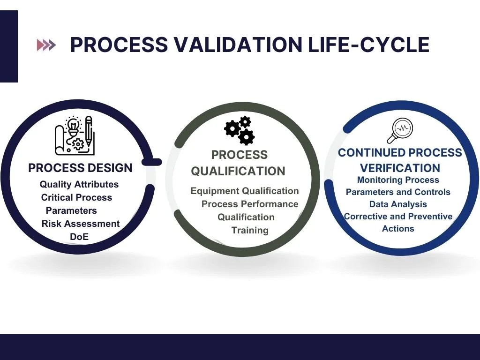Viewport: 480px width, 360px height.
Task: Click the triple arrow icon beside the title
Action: pos(46,45)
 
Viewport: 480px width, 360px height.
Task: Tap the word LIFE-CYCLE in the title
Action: pos(368,45)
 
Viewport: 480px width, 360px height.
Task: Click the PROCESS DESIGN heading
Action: pos(80,168)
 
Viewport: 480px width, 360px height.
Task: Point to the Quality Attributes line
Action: pos(79,184)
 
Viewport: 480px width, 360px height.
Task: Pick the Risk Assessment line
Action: pos(80,224)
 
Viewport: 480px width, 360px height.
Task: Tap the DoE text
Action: pos(79,237)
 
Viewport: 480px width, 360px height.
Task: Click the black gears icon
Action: pos(240,130)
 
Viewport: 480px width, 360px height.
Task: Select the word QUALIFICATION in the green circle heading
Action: pos(238,171)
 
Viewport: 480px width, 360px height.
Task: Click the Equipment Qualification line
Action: pos(244,191)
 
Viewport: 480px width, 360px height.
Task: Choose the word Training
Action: pos(250,230)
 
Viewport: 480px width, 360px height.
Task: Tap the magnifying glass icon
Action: pos(399,130)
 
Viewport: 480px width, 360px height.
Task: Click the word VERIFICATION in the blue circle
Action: pos(400,168)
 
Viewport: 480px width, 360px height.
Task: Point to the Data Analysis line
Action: pos(398,204)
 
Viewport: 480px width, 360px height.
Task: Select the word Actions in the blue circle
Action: pos(398,228)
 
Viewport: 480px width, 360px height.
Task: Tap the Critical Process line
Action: pos(76,197)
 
